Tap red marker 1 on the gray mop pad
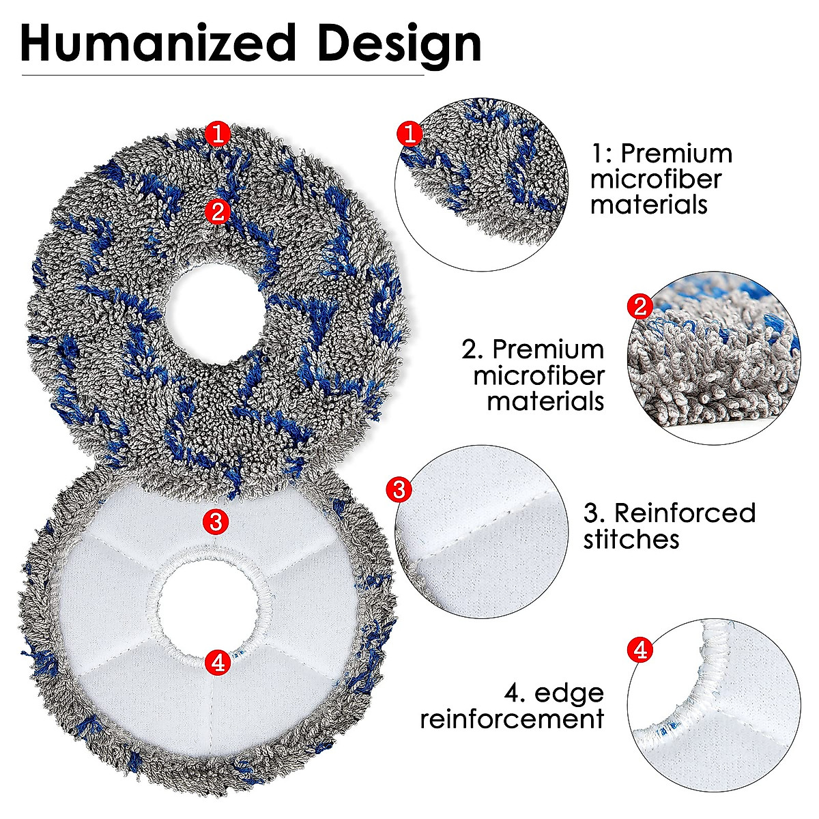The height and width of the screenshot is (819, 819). (218, 134)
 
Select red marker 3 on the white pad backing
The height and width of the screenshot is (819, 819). (216, 522)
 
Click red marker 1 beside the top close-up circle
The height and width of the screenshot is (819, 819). (409, 134)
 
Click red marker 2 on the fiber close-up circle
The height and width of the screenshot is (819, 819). (640, 306)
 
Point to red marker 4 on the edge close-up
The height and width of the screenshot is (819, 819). (640, 650)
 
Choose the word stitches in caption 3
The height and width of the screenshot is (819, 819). (631, 539)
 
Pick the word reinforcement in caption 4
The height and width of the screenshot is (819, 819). (512, 719)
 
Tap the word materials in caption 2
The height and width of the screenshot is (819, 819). (545, 401)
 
